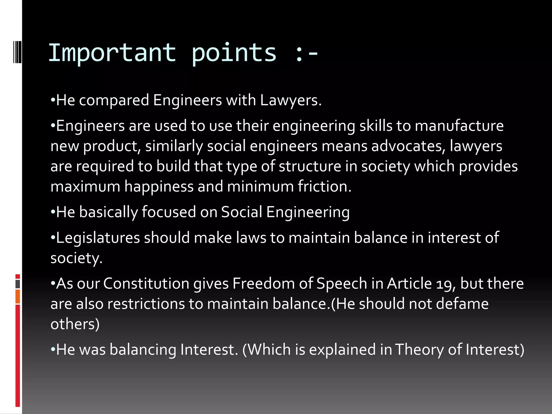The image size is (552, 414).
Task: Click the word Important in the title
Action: [x=112, y=53]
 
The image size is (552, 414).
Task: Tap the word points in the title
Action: [x=234, y=53]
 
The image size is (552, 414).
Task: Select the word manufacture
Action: [x=459, y=126]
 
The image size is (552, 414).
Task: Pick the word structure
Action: [x=310, y=166]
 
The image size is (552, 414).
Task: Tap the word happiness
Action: [x=159, y=187]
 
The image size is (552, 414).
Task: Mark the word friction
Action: [x=325, y=187]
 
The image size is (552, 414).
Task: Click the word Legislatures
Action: [x=98, y=238]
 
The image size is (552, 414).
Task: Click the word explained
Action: [x=342, y=350]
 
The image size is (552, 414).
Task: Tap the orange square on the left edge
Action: [x=18, y=297]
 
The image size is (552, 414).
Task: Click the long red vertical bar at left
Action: [x=18, y=356]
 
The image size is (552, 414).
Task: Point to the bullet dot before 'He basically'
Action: [x=53, y=212]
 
